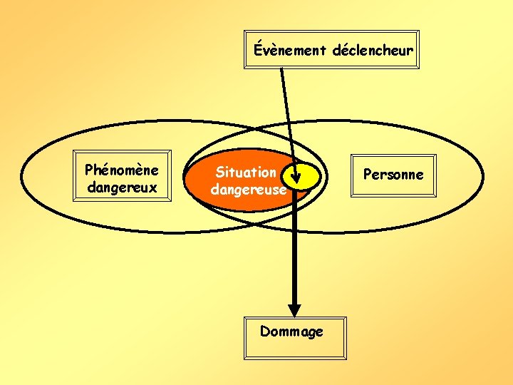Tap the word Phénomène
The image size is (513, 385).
(x=122, y=170)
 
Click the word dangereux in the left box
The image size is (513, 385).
(x=122, y=188)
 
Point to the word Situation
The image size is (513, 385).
(x=245, y=173)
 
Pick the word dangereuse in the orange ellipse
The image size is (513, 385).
(x=248, y=190)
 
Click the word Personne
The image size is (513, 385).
(x=393, y=175)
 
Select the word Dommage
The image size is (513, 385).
(x=291, y=332)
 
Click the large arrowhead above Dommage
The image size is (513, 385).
(x=293, y=307)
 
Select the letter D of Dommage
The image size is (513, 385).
(x=264, y=331)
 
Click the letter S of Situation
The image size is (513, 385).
(x=219, y=173)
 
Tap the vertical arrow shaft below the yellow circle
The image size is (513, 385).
(x=293, y=250)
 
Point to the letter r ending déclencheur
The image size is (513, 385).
(x=410, y=51)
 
